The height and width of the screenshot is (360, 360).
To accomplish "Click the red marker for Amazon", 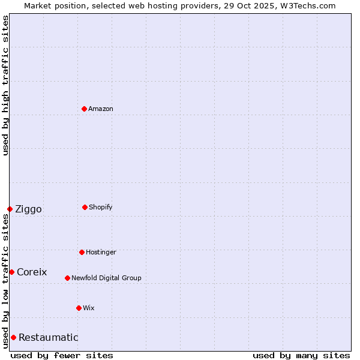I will click(x=84, y=109).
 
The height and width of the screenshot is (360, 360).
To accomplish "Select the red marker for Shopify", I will click(x=85, y=207).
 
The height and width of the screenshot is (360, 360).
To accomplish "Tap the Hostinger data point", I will click(x=82, y=252).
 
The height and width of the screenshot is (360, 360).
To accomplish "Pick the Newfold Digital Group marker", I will click(x=67, y=278).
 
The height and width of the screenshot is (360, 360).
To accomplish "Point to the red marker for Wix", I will click(x=79, y=308).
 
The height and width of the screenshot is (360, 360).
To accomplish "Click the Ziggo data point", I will click(x=10, y=209).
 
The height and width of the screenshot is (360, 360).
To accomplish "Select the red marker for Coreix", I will click(x=11, y=272).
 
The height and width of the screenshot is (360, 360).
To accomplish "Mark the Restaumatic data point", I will click(x=13, y=337).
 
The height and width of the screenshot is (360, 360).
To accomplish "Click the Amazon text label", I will click(x=101, y=109).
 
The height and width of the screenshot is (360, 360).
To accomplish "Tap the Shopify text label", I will click(x=101, y=207).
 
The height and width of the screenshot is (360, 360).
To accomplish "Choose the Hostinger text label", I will click(x=101, y=252).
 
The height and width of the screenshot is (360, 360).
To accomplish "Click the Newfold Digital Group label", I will click(x=106, y=278).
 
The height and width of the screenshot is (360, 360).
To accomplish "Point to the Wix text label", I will click(x=89, y=308).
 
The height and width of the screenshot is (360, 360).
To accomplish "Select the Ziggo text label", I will click(x=28, y=209).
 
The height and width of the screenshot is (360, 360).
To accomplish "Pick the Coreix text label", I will click(x=32, y=272).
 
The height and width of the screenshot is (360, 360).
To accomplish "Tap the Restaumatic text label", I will click(x=48, y=337).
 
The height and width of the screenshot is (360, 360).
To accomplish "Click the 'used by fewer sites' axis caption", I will click(x=62, y=355).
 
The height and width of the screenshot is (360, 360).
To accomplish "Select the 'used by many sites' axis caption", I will click(x=301, y=355).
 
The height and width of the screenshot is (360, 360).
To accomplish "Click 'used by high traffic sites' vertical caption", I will click(x=5, y=86).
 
